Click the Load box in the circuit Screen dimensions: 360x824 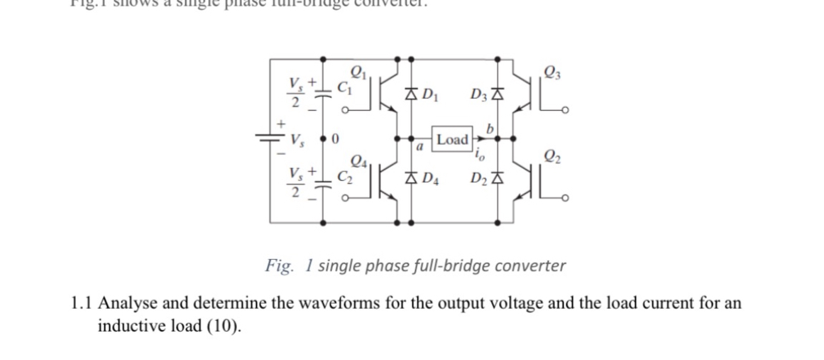pos(452,138)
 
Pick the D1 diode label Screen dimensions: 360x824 pos(431,94)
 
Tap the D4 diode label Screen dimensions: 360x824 pos(431,178)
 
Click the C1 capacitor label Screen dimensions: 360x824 pos(344,89)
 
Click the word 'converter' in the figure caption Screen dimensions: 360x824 pos(529,266)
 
